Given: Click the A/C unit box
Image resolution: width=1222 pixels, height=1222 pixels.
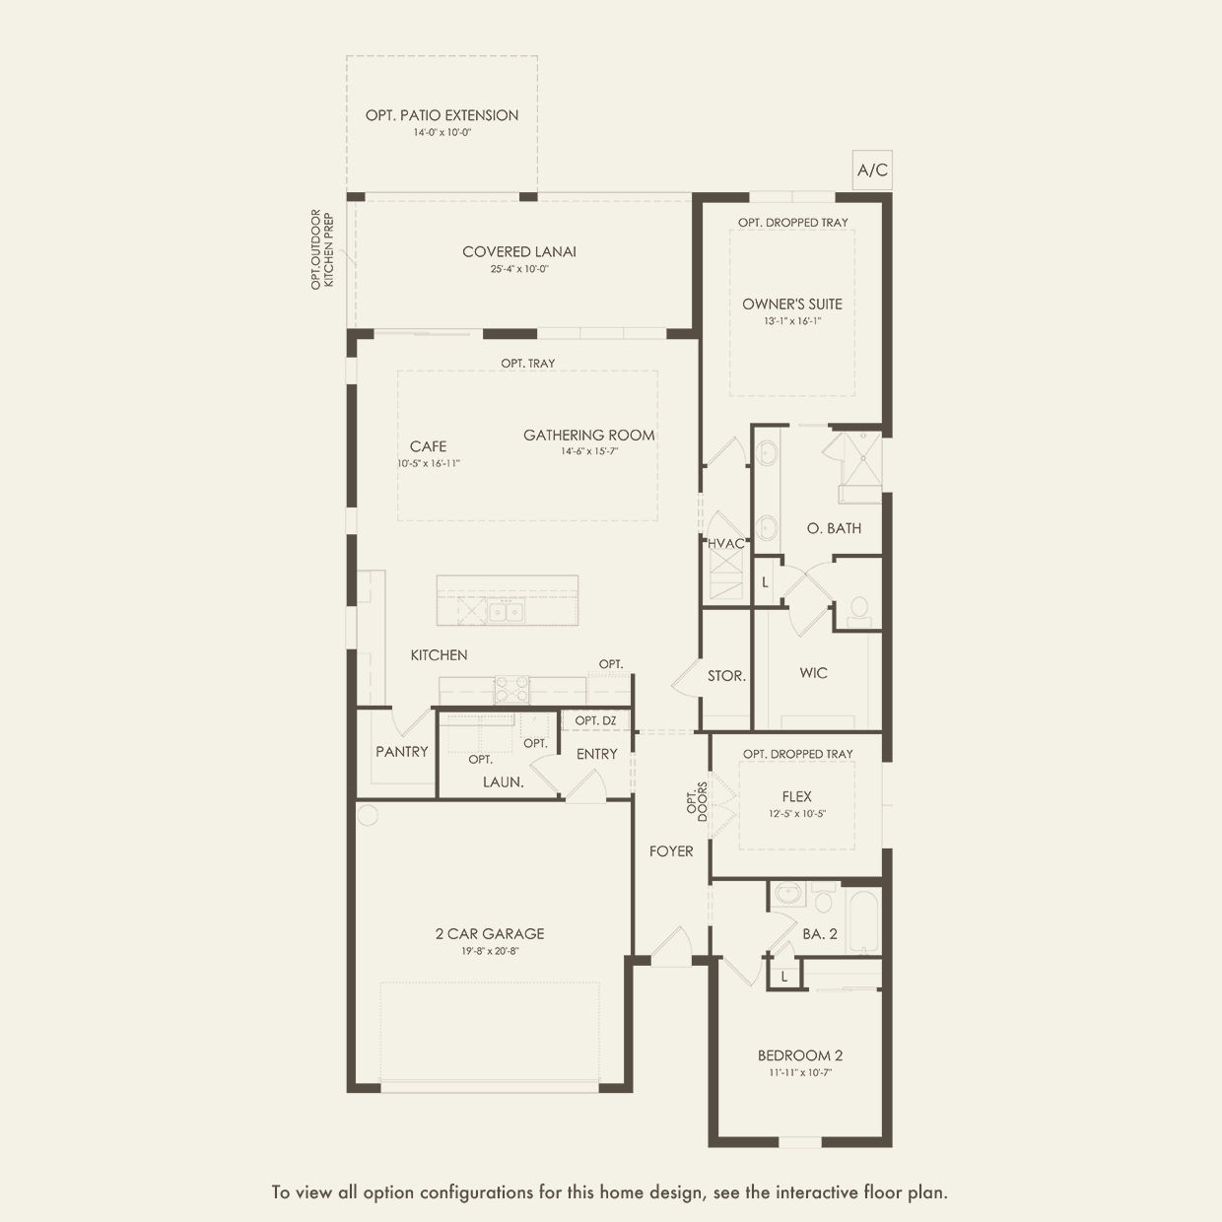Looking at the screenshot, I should [x=872, y=170].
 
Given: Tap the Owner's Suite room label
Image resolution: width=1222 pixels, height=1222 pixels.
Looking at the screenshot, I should [x=792, y=304].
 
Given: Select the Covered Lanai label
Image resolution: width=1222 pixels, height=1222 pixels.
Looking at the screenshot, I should [x=519, y=252].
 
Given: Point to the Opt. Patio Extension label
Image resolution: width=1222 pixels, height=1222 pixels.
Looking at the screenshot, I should [x=441, y=115].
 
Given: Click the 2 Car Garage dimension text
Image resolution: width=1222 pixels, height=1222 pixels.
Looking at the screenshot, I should [x=490, y=951].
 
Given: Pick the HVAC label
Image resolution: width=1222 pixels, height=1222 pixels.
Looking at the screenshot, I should [x=726, y=543].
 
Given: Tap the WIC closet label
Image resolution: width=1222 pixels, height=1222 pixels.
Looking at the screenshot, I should [x=813, y=673].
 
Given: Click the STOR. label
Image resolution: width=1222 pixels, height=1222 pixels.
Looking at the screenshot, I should [x=726, y=676].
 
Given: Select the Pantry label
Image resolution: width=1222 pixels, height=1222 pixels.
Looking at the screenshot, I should [x=402, y=752].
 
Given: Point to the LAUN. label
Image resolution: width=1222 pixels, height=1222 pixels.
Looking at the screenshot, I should [x=503, y=781].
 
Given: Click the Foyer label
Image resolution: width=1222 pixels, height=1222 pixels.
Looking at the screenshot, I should [x=671, y=850].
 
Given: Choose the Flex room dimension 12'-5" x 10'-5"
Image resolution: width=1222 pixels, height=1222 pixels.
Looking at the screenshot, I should [x=797, y=814].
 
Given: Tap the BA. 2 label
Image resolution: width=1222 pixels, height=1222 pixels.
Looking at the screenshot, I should [x=819, y=933].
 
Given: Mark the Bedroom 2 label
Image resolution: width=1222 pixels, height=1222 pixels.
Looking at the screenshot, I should [x=800, y=1055].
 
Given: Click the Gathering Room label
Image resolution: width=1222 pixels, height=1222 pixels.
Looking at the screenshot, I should [x=588, y=435].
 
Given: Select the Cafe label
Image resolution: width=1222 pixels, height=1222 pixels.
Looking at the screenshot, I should [x=428, y=446].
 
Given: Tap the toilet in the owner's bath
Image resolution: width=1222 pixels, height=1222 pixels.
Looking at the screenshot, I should [x=859, y=611].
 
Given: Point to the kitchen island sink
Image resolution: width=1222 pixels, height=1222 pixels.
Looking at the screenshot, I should [x=508, y=612].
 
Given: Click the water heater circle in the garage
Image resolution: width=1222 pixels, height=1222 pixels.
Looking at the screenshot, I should [x=368, y=815].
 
